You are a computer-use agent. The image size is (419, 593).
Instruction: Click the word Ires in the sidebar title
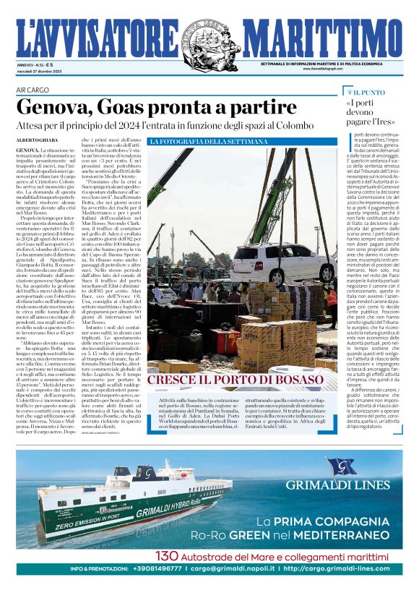[x=383, y=124]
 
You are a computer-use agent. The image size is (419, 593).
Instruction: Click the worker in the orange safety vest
[x=331, y=297]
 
